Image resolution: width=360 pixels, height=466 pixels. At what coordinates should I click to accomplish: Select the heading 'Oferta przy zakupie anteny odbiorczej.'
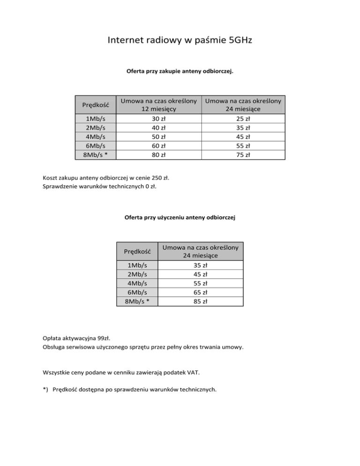180,72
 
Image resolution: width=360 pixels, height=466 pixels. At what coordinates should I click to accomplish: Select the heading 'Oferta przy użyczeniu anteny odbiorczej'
180,218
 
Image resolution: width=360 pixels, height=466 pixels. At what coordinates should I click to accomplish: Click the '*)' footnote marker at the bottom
45,389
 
